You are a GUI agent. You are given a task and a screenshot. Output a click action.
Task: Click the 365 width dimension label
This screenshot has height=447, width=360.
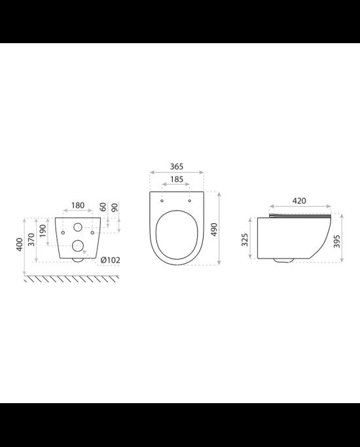(177, 166)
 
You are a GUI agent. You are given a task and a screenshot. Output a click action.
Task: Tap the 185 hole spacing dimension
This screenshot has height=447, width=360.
(177, 179)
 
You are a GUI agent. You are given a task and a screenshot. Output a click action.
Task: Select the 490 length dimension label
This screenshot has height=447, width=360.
(214, 229)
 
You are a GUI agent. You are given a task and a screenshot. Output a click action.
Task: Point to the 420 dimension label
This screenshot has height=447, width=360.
(299, 201)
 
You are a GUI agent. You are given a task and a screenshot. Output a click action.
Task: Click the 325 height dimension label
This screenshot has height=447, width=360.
(245, 240)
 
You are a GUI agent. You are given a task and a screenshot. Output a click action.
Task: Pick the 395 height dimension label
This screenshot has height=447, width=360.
(336, 241)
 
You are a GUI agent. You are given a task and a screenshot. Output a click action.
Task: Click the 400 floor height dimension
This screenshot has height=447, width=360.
(20, 244)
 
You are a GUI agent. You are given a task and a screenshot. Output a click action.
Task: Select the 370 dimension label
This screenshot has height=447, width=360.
(31, 240)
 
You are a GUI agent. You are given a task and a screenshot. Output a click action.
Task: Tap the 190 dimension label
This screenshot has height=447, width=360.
(43, 230)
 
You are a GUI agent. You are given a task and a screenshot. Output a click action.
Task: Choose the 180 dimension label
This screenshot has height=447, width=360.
(78, 206)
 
